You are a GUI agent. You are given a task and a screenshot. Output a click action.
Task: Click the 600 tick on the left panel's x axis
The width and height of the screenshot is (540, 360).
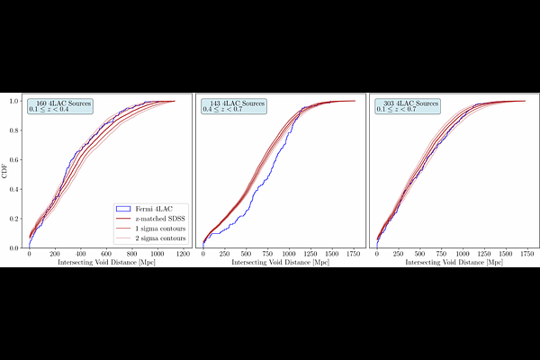(x=107, y=255)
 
